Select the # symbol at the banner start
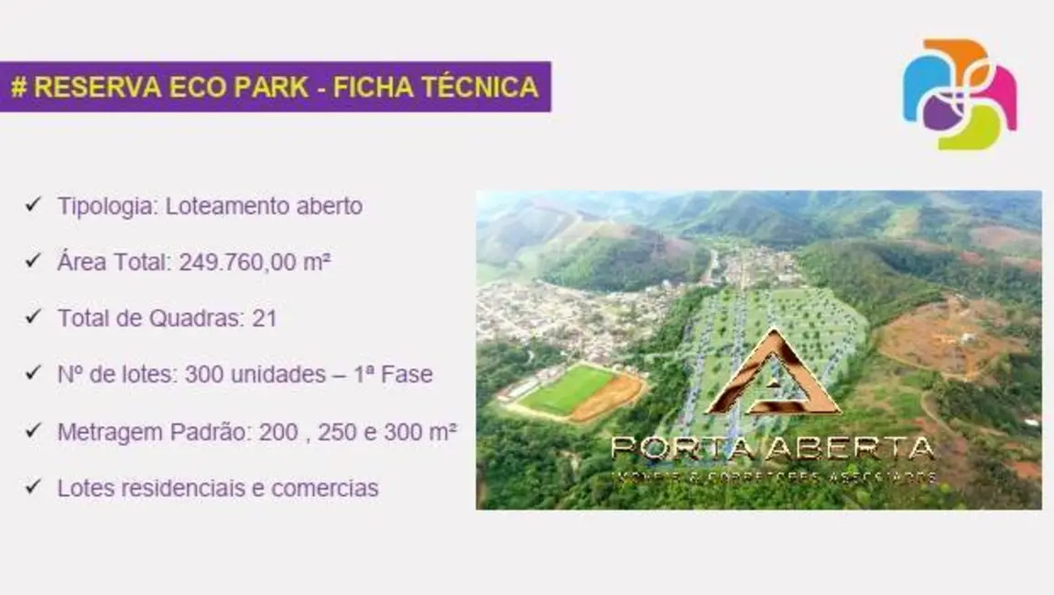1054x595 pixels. point(18,87)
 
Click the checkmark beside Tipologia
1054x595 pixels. point(33,204)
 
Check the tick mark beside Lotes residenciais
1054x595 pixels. point(33,487)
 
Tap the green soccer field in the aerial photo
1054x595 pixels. point(568,388)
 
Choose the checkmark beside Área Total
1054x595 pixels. point(33,261)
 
